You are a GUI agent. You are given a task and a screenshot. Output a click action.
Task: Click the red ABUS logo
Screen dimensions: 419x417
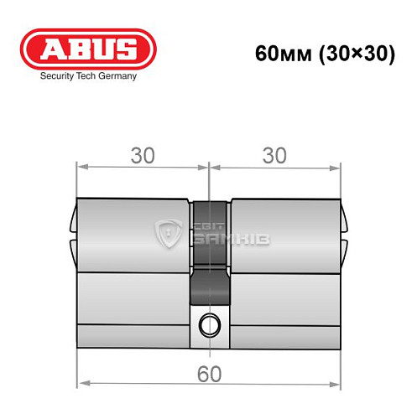(89, 48)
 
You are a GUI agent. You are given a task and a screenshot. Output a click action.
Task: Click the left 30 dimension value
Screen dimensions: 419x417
(143, 156)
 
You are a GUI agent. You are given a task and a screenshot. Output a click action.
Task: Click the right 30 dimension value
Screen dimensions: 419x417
(275, 156)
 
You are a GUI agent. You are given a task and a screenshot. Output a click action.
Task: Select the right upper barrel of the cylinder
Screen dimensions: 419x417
(285, 235)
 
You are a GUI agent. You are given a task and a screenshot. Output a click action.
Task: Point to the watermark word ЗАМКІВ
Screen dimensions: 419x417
(221, 241)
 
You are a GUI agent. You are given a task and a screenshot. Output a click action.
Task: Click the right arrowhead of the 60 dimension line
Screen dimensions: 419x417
(338, 385)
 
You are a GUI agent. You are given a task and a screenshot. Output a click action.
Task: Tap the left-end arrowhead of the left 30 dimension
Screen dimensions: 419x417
(81, 167)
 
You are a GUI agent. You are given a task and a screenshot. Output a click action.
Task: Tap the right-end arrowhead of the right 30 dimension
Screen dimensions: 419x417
(338, 167)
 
